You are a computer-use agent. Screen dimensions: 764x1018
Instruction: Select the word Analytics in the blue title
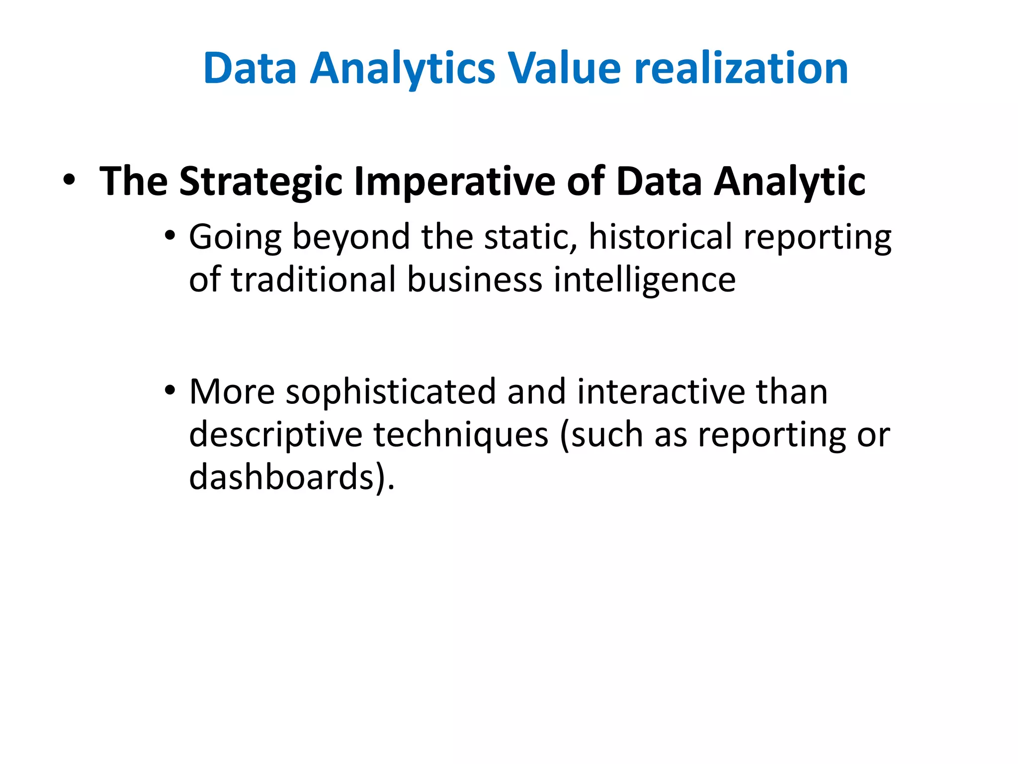click(x=403, y=70)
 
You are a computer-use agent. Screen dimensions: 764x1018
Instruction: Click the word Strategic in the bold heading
click(x=260, y=182)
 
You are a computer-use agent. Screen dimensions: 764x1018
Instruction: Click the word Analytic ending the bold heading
click(x=790, y=182)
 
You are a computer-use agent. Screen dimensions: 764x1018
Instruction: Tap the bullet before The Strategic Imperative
click(x=69, y=180)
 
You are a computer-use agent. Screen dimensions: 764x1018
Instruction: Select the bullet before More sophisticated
click(x=170, y=390)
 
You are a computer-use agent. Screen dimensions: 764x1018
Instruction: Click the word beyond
click(x=351, y=238)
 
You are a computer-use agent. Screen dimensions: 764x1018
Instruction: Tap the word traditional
click(x=313, y=280)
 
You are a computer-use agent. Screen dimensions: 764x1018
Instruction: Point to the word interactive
click(x=661, y=392)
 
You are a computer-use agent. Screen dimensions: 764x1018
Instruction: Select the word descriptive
click(x=276, y=436)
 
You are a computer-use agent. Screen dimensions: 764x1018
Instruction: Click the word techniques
click(x=461, y=436)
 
